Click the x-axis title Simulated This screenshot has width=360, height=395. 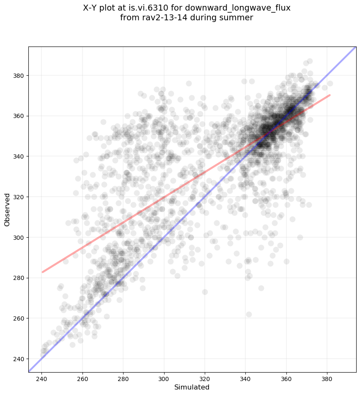tap(192, 387)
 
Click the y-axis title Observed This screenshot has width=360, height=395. tap(7, 209)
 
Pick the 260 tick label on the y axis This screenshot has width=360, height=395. tap(19, 318)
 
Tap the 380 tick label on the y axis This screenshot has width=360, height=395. tap(19, 75)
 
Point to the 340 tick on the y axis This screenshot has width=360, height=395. tap(28, 156)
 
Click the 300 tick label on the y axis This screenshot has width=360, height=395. tap(19, 237)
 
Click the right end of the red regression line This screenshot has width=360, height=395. tap(330, 95)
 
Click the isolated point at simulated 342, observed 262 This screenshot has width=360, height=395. tap(249, 314)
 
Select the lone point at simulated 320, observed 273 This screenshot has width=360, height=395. tap(205, 292)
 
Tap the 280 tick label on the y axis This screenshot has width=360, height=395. tap(19, 278)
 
